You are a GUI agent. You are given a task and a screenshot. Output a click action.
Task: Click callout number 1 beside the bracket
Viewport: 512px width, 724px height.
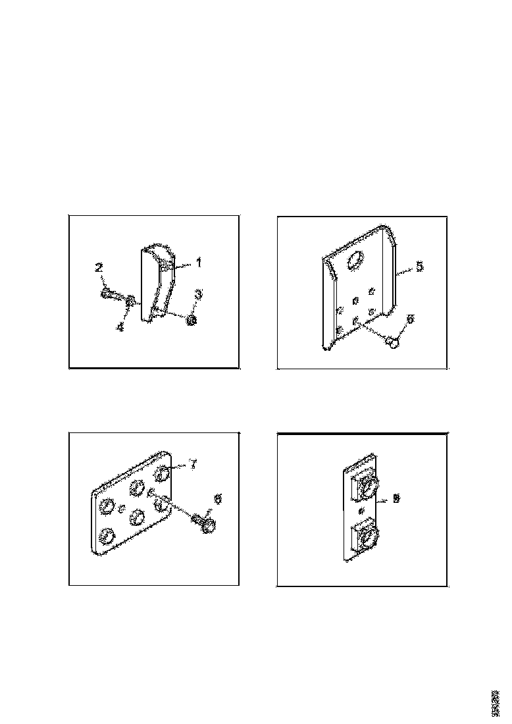coord(199,262)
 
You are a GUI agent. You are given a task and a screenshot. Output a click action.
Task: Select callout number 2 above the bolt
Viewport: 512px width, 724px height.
coord(99,267)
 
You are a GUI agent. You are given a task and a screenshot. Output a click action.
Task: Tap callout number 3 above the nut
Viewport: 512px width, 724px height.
coord(197,293)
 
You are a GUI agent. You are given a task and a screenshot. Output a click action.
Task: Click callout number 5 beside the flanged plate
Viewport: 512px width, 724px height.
coord(419,267)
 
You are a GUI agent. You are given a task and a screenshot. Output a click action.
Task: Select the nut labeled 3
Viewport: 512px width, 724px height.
coord(192,320)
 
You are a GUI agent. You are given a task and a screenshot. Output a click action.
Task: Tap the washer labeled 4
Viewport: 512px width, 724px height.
coord(131,301)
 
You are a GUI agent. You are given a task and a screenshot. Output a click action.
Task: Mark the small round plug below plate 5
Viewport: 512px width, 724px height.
coord(393,341)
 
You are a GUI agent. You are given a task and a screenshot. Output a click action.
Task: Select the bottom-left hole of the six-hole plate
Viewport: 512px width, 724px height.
coord(105,538)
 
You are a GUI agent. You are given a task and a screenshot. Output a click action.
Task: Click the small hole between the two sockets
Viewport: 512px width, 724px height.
coord(360,511)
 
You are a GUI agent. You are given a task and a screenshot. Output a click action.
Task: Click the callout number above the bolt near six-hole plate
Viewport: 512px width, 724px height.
coord(218,499)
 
